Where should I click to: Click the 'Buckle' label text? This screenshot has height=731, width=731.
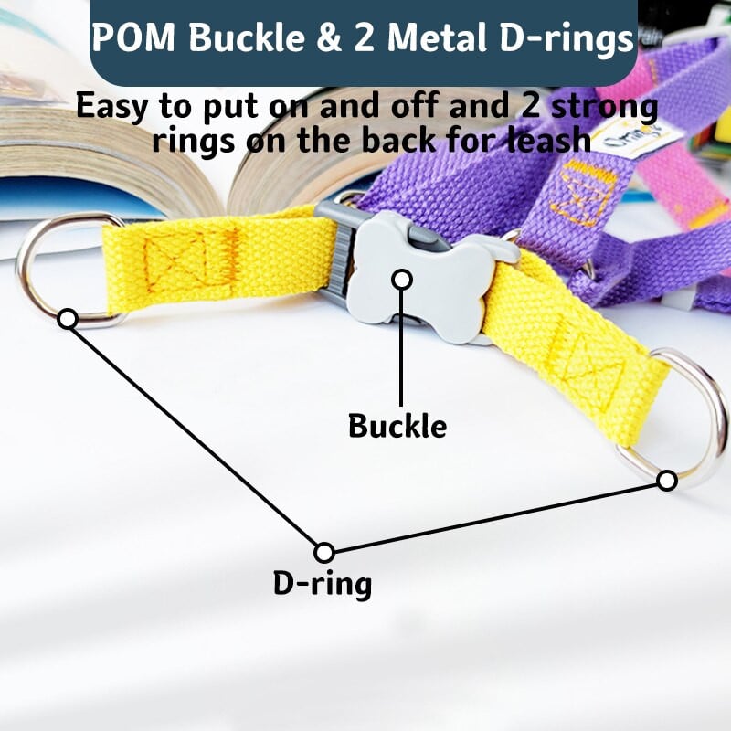point(397,426)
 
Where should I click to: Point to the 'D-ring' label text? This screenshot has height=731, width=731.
point(322,583)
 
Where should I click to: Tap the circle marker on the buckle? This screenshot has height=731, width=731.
point(402,278)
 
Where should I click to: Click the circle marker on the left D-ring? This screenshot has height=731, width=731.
point(67,319)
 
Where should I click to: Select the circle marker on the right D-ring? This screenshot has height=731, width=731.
point(667,480)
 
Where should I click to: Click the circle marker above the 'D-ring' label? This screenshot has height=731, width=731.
point(323,552)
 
